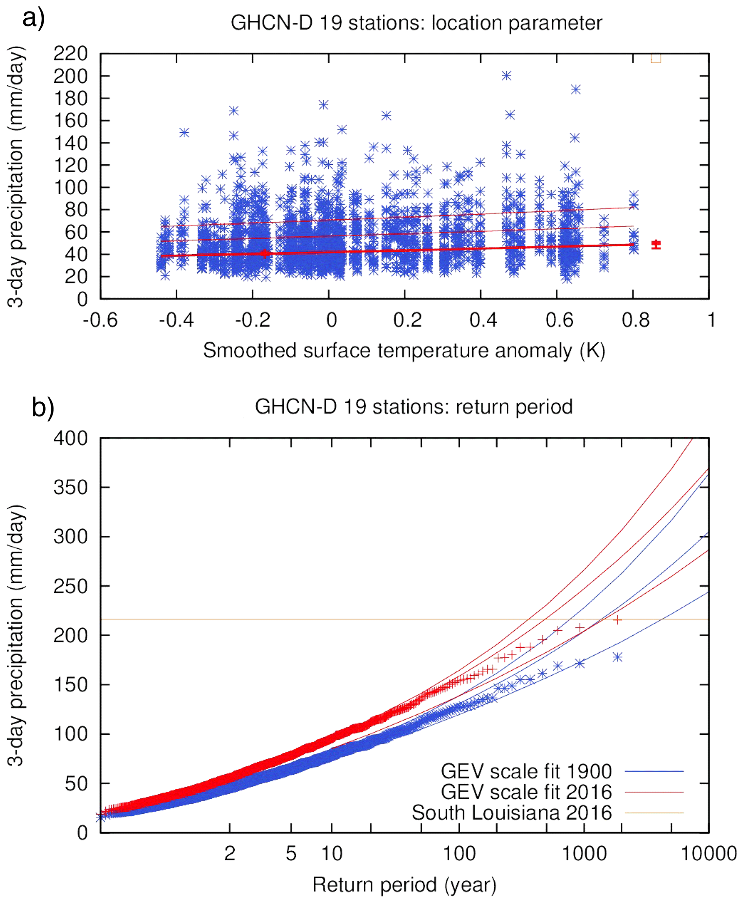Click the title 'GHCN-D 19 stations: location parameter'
[x=416, y=23]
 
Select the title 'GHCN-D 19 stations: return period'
[x=413, y=407]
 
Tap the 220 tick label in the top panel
[x=70, y=54]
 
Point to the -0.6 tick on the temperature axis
[x=100, y=320]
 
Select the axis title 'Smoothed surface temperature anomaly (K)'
[x=404, y=351]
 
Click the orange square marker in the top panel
[x=655, y=58]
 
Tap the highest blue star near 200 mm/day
[x=506, y=76]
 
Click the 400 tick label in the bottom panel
[x=70, y=438]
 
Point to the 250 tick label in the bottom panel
[x=70, y=586]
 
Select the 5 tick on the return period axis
[x=291, y=854]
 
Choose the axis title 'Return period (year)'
[x=404, y=885]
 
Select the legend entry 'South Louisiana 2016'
[x=512, y=813]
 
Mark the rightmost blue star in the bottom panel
[x=617, y=657]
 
